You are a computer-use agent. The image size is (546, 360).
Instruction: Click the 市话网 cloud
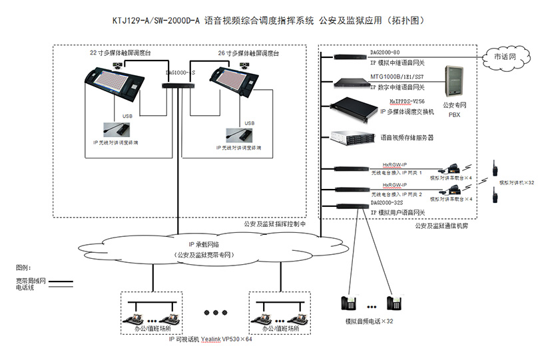click(509, 57)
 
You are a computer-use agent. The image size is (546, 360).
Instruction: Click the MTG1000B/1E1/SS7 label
click(399, 78)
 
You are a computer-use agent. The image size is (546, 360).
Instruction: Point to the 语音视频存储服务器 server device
click(353, 137)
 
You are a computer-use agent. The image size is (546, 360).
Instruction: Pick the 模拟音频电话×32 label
click(369, 321)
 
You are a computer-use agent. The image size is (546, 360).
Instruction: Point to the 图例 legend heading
click(23, 268)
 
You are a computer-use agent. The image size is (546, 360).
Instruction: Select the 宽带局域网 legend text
click(30, 280)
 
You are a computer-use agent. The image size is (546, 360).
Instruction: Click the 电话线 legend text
click(26, 287)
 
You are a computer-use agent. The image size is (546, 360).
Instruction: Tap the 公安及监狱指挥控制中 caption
click(274, 225)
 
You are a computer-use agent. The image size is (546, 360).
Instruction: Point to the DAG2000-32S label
click(390, 203)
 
